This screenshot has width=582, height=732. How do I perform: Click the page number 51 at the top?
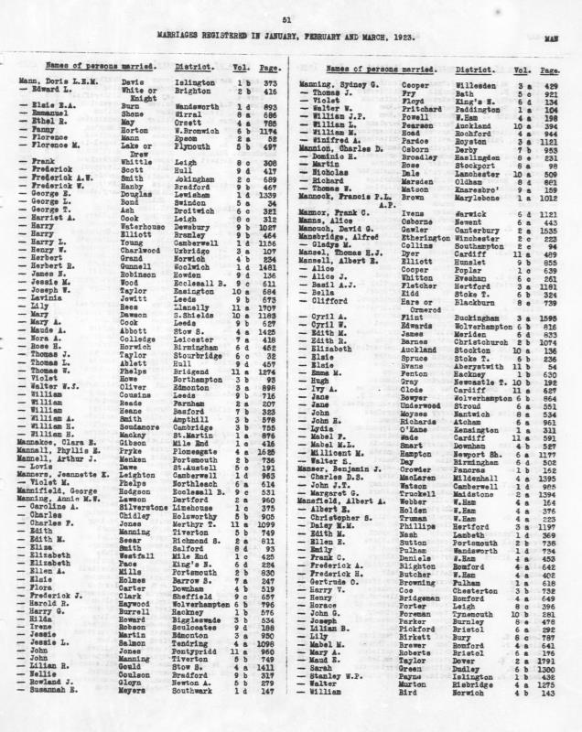coord(286,18)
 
